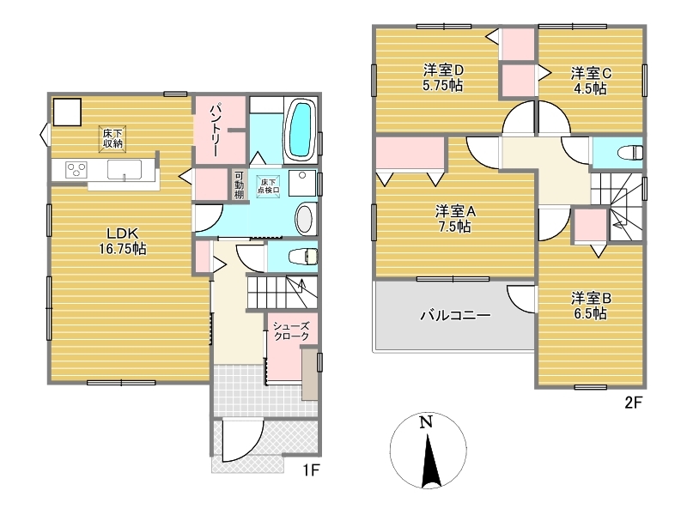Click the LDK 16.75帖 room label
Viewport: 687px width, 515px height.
(123, 241)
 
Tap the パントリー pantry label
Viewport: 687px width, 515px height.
(216, 130)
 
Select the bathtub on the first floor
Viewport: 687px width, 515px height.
(301, 129)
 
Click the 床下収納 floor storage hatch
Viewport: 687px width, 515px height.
(112, 138)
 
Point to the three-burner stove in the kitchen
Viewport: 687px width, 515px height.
(76, 169)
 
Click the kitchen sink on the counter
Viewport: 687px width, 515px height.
(125, 169)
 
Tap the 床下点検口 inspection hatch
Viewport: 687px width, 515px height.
(268, 186)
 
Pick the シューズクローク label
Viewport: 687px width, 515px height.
(291, 331)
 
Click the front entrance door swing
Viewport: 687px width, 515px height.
(242, 440)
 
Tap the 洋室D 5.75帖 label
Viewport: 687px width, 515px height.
(443, 77)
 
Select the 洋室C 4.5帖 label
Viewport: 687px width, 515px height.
(591, 81)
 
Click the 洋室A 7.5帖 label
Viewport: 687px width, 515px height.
(455, 219)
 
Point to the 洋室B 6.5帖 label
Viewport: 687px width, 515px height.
(591, 306)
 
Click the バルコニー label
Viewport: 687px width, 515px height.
(456, 315)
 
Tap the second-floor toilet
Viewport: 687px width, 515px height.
(630, 153)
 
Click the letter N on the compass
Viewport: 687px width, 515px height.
(426, 421)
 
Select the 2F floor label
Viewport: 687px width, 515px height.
(633, 403)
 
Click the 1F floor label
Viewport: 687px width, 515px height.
(311, 470)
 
